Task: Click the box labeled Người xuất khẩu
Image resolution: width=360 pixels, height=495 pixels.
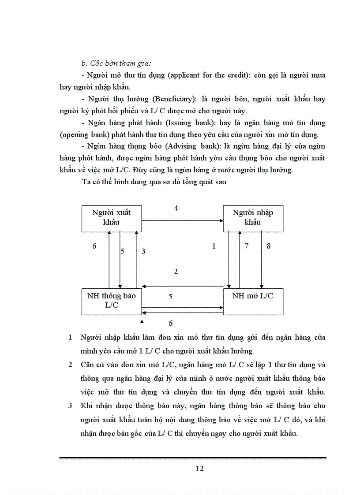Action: click(111, 218)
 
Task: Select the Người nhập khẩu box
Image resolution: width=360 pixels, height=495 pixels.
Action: click(252, 218)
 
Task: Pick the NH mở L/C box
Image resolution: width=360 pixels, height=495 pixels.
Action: click(252, 301)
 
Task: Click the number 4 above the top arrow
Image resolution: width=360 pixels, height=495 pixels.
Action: click(176, 208)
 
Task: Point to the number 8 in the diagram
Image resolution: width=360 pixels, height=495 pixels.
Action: click(269, 246)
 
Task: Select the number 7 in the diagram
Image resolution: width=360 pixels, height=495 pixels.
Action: click(247, 246)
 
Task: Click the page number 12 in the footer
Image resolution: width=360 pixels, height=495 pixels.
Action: click(199, 469)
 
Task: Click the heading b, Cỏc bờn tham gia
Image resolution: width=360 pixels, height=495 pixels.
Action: click(113, 63)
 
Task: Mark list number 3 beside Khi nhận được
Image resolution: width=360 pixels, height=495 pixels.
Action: click(71, 406)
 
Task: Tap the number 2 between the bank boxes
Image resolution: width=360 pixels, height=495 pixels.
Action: click(176, 272)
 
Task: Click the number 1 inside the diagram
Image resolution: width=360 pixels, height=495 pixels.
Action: click(214, 246)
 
